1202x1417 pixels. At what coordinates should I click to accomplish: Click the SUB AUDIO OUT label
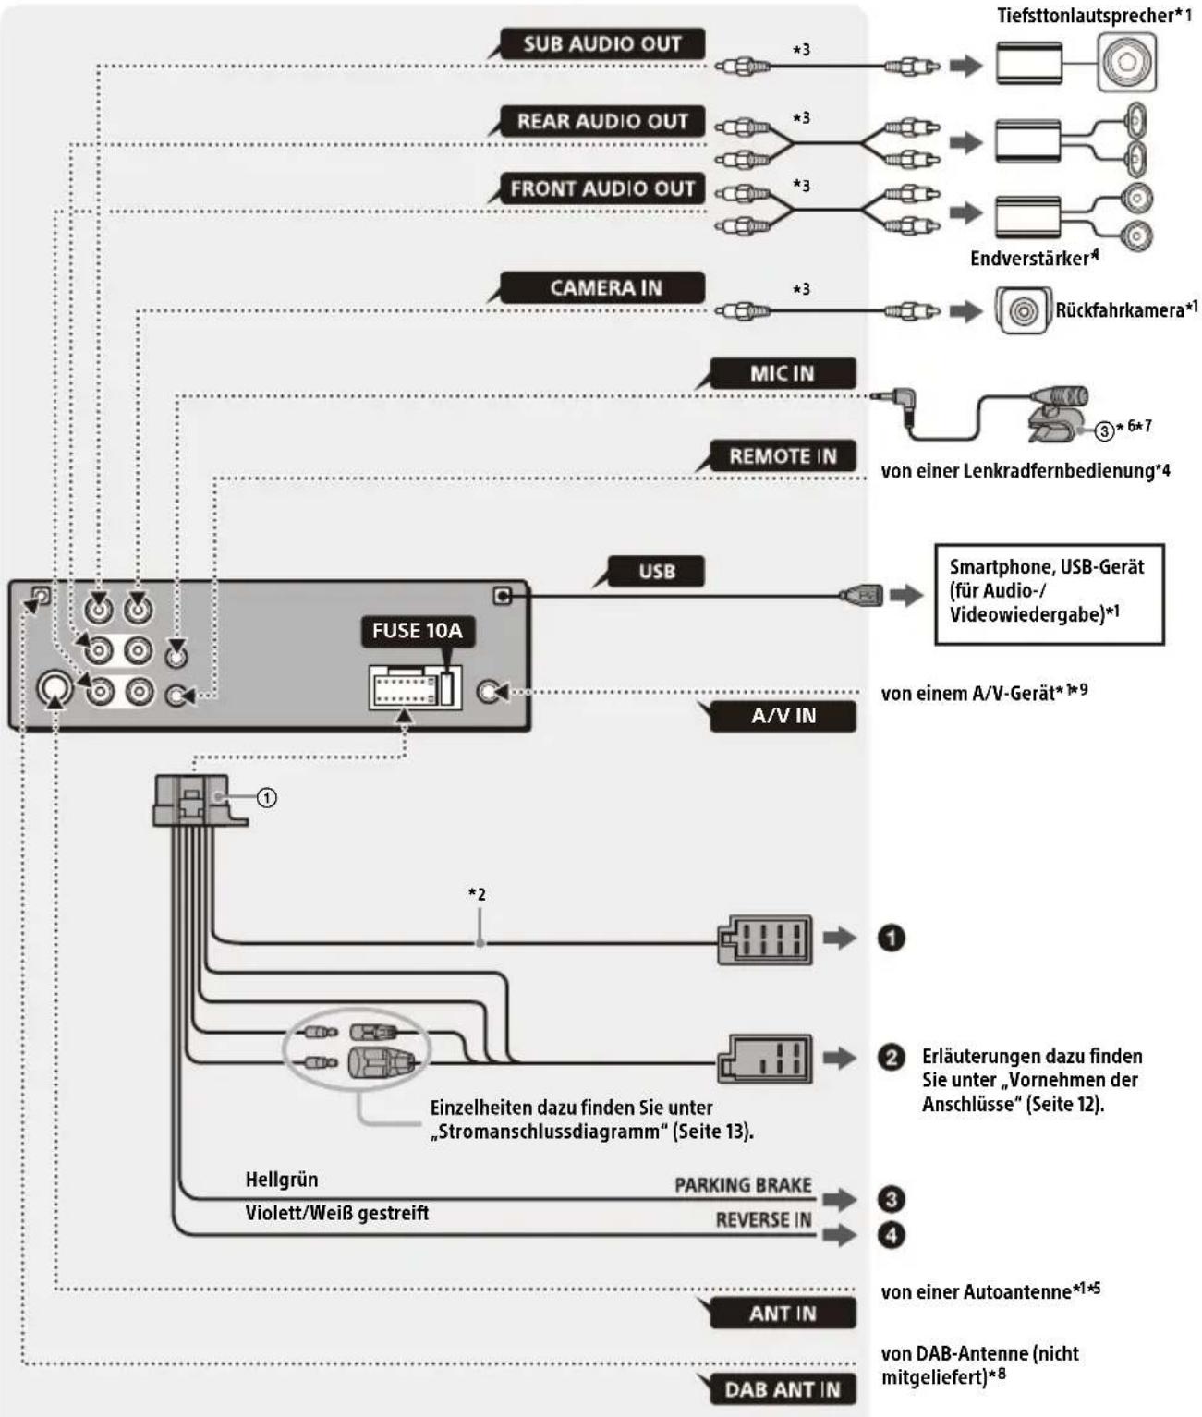(x=601, y=43)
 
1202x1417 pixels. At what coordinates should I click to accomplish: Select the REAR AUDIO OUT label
(x=601, y=121)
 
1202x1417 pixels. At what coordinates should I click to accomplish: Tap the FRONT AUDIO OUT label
(x=601, y=188)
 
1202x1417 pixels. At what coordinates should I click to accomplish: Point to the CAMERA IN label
(x=605, y=288)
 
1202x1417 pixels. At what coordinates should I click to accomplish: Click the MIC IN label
(x=782, y=373)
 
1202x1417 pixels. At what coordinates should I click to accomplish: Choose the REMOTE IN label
(x=782, y=456)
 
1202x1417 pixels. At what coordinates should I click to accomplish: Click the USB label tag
(x=656, y=572)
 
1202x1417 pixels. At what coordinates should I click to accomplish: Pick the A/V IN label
(x=783, y=716)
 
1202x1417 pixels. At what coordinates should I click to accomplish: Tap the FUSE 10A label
(x=417, y=631)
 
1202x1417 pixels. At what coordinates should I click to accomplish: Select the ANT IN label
(x=782, y=1314)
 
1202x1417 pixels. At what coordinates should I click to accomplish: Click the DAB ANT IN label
(x=782, y=1389)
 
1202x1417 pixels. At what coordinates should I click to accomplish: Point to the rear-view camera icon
(x=1023, y=311)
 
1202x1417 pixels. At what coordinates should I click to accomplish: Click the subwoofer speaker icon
(x=1126, y=63)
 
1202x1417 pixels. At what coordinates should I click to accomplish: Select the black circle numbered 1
(x=891, y=939)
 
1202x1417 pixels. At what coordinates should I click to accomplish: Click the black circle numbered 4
(x=891, y=1235)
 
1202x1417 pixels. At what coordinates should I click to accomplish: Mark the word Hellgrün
(x=282, y=1180)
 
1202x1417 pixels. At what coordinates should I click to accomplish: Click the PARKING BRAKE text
(x=743, y=1185)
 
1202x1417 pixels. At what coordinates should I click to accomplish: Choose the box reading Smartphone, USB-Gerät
(x=1049, y=594)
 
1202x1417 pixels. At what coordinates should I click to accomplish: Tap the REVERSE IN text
(x=763, y=1220)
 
